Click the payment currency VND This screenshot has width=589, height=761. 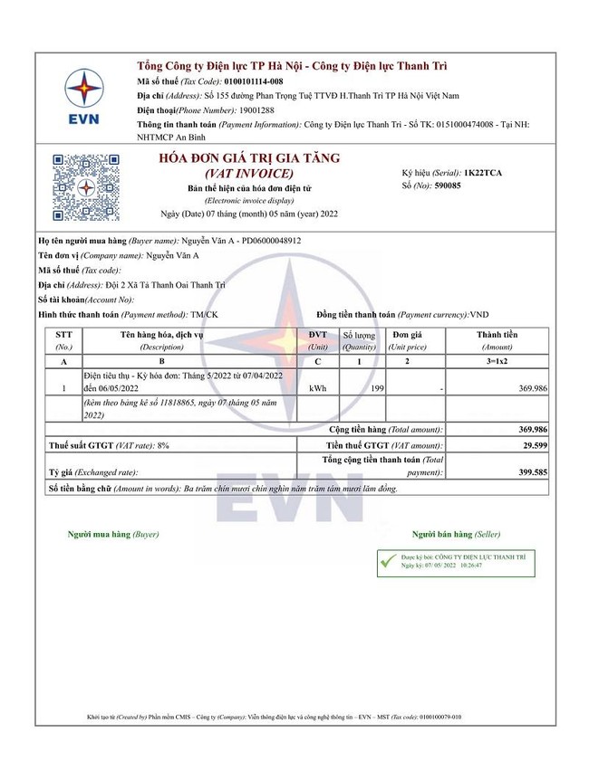pos(480,314)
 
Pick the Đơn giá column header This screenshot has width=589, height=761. pos(408,335)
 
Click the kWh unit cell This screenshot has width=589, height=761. pos(317,388)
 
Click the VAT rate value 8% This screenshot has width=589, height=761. pos(163,446)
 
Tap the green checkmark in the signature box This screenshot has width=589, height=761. pos(389,562)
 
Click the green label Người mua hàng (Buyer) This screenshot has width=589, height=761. pos(113,535)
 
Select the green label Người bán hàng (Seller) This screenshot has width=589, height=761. pos(456,535)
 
